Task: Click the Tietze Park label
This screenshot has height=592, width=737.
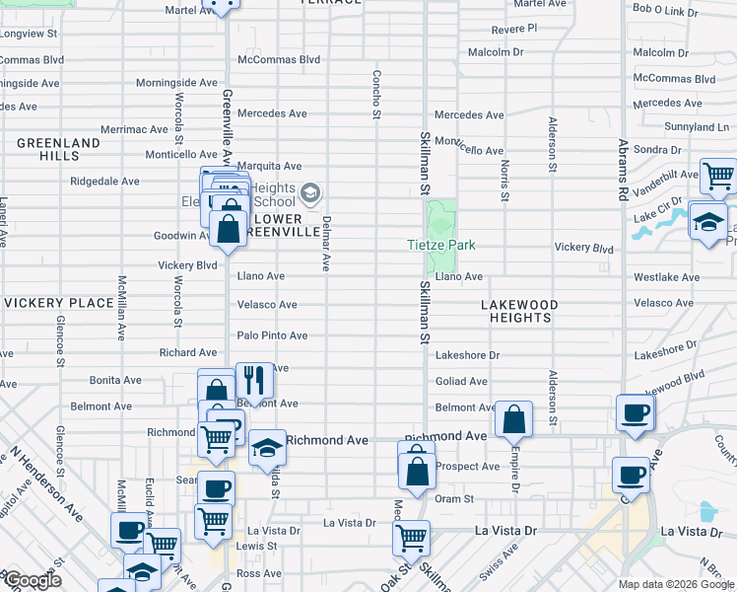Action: tap(442, 245)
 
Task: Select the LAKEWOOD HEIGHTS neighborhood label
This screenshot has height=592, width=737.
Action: tap(518, 312)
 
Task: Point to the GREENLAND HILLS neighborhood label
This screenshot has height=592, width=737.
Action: tap(58, 150)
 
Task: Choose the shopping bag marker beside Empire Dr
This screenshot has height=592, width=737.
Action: tap(513, 418)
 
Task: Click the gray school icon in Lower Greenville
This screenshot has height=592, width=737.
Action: tap(310, 192)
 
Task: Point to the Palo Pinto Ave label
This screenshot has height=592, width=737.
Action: tap(273, 335)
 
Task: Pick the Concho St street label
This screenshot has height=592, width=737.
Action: tap(376, 95)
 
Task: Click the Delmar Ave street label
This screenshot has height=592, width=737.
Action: tap(325, 243)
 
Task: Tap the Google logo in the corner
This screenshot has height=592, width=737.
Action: tap(32, 581)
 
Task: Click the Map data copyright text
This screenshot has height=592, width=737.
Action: tap(676, 584)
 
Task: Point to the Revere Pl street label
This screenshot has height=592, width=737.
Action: tap(513, 29)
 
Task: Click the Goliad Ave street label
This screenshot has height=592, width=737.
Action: tap(461, 381)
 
